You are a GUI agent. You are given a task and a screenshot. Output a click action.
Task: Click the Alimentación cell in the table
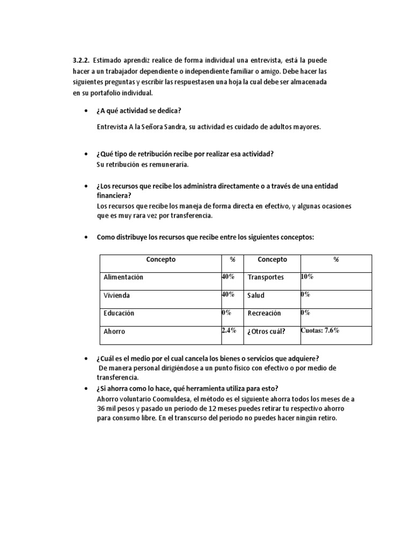pos(123,277)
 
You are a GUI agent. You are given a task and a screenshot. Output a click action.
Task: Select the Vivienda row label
pos(116,295)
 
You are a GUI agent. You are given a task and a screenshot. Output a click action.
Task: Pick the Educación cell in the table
pos(119,313)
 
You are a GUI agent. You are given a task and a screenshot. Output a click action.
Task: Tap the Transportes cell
pos(266,277)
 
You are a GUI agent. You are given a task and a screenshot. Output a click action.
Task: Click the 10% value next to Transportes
pos(307,277)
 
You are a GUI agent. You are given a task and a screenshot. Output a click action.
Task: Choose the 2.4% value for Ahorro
pos(229,331)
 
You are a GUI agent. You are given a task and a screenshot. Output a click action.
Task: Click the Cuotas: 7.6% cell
pos(320,331)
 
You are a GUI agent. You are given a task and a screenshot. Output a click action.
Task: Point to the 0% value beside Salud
pos(305,294)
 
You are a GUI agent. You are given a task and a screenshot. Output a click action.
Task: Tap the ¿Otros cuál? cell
pos(267,331)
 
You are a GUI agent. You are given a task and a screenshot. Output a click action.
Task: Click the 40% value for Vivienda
pos(229,294)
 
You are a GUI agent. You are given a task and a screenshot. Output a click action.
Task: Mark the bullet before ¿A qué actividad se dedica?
pos(86,111)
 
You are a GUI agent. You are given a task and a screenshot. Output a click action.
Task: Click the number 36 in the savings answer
pos(102,409)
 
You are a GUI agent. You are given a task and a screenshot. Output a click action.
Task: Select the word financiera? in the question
pos(114,196)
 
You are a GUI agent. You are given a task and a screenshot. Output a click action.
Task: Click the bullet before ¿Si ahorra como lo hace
pos(86,388)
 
